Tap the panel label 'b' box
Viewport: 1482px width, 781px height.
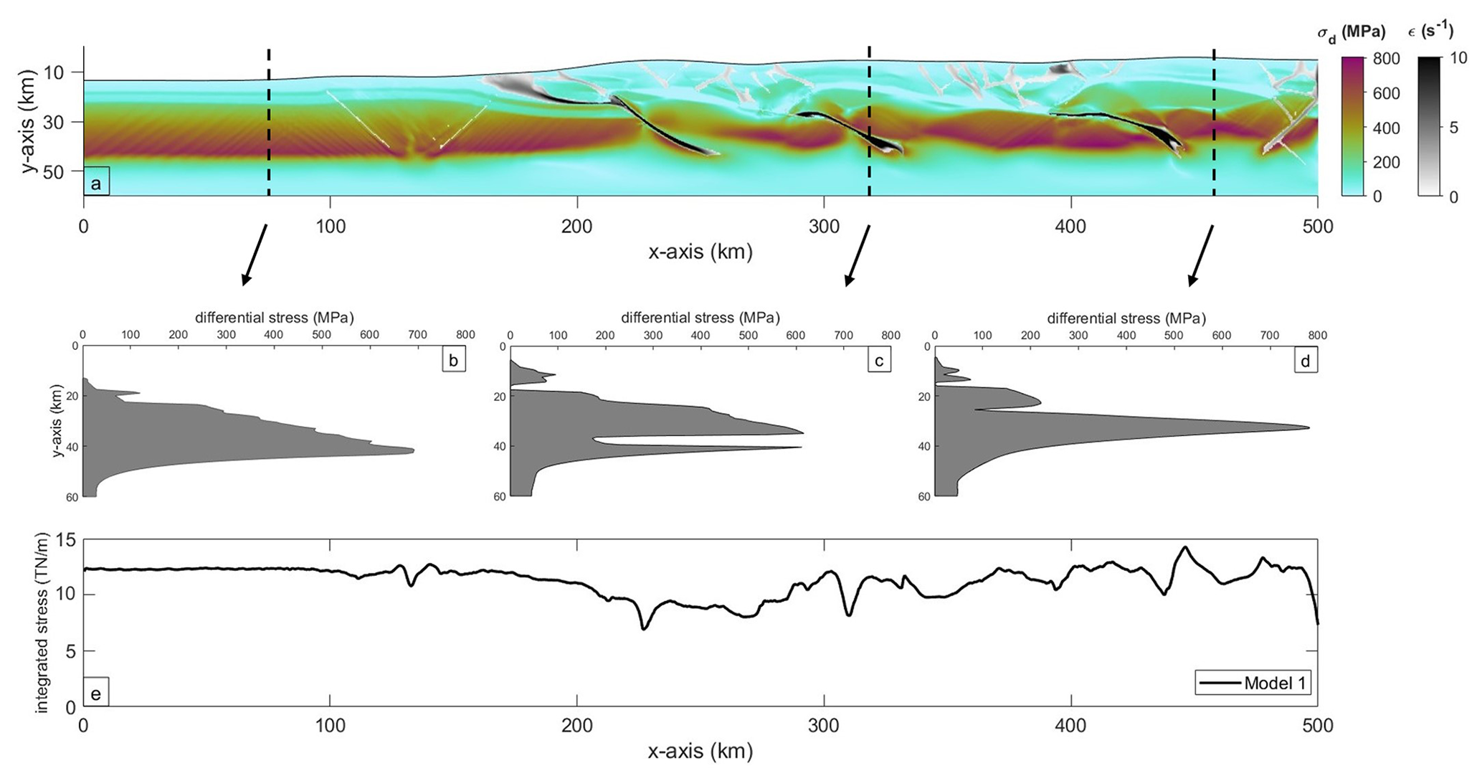point(453,360)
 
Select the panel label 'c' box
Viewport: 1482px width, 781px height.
point(879,360)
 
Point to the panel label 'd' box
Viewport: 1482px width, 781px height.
point(1305,361)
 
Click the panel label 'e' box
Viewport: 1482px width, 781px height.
point(96,693)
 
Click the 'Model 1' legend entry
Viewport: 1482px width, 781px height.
point(1253,683)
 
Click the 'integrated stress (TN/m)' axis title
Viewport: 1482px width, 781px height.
point(43,622)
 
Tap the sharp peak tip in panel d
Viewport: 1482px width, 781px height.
point(1308,428)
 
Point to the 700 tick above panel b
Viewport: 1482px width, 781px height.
point(417,335)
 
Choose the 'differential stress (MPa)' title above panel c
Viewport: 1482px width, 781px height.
point(700,318)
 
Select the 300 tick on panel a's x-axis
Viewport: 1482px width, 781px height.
point(824,227)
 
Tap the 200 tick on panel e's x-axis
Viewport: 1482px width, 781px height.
point(577,726)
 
